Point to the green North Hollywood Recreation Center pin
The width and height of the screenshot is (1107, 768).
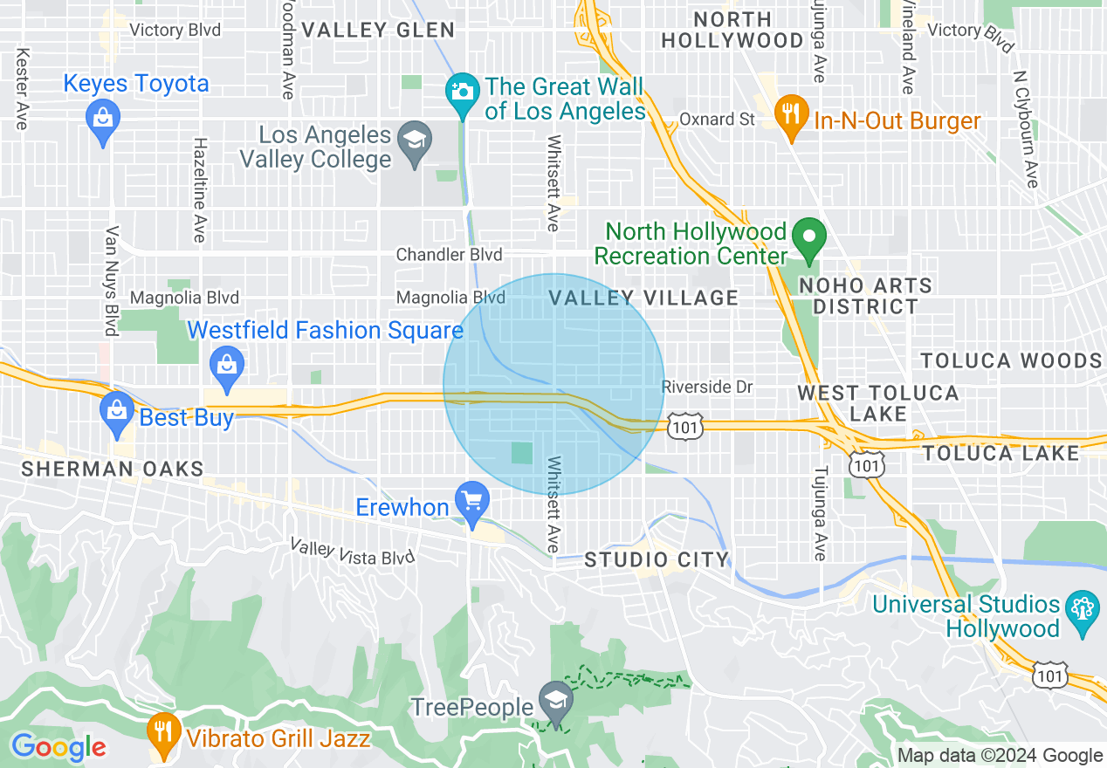808,237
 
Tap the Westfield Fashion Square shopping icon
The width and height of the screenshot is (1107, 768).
227,362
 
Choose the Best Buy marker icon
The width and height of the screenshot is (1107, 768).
116,408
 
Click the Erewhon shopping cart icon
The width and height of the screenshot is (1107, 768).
473,500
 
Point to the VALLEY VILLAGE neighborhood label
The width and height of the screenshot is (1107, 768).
644,298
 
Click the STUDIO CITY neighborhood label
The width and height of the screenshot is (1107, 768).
657,559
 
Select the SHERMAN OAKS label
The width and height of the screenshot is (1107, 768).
113,469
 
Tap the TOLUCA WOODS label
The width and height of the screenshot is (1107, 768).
1011,360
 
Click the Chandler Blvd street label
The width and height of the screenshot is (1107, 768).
449,255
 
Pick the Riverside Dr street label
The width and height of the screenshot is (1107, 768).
706,387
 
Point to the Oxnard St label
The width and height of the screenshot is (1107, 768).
717,119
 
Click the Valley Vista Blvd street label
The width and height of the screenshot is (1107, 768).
352,552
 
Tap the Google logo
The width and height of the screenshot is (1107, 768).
58,747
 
